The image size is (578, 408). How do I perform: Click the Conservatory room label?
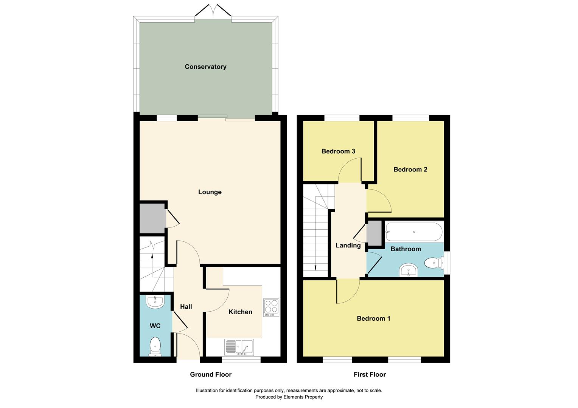pyautogui.click(x=205, y=66)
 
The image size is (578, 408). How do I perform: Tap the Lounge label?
pyautogui.click(x=210, y=192)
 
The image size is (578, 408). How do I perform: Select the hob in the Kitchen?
pyautogui.click(x=271, y=308)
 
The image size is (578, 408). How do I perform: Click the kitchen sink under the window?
pyautogui.click(x=239, y=347)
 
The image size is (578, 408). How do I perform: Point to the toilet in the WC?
pyautogui.click(x=155, y=347)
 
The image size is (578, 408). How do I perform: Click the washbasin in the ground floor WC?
pyautogui.click(x=155, y=301)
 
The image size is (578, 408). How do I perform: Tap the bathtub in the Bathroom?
pyautogui.click(x=413, y=232)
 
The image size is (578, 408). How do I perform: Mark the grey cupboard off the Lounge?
pyautogui.click(x=152, y=219)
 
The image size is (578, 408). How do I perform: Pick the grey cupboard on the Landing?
pyautogui.click(x=374, y=233)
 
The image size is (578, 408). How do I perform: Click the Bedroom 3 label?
pyautogui.click(x=338, y=151)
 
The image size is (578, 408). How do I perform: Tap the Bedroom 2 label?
pyautogui.click(x=410, y=169)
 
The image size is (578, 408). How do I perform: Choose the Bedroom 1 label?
pyautogui.click(x=373, y=318)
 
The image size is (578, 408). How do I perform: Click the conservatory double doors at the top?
pyautogui.click(x=213, y=11)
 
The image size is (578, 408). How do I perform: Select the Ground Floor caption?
pyautogui.click(x=210, y=374)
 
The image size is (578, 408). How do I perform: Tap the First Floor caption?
pyautogui.click(x=370, y=374)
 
